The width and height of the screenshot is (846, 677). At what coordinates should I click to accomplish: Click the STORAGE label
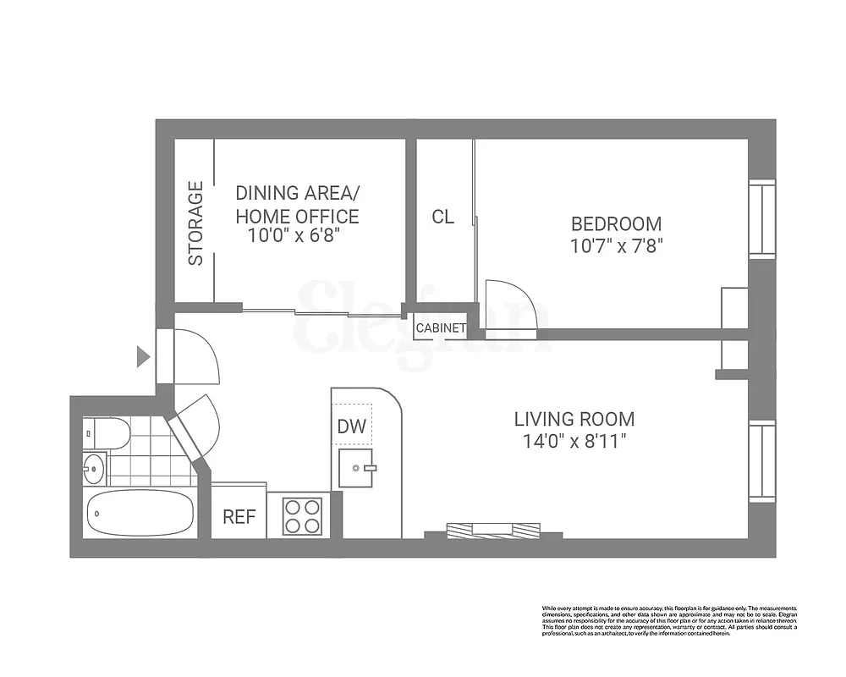tap(195, 223)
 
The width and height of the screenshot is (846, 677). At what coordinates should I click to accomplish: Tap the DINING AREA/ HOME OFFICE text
tap(297, 205)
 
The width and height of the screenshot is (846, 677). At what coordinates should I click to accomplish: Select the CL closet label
tap(442, 217)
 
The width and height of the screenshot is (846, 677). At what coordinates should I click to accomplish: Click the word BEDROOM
tap(616, 224)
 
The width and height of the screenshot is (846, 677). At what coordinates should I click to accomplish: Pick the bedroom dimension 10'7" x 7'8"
tap(616, 246)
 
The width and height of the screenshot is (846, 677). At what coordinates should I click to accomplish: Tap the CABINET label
tap(441, 327)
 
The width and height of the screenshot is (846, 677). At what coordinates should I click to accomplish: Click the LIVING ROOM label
tap(574, 419)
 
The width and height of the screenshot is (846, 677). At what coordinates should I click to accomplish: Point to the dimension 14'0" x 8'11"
tap(574, 441)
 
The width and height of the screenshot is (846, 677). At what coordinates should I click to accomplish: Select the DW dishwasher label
tap(352, 427)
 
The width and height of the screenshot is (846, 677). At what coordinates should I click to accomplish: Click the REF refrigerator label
tap(239, 517)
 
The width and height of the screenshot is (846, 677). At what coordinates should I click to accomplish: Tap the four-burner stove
tap(302, 515)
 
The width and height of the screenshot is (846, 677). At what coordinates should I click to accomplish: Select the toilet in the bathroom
tap(108, 433)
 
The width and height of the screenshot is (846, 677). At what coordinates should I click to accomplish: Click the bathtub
tap(140, 513)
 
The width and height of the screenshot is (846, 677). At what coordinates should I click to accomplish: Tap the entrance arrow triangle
tap(143, 358)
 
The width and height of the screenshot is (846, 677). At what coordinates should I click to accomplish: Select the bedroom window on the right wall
tap(761, 218)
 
